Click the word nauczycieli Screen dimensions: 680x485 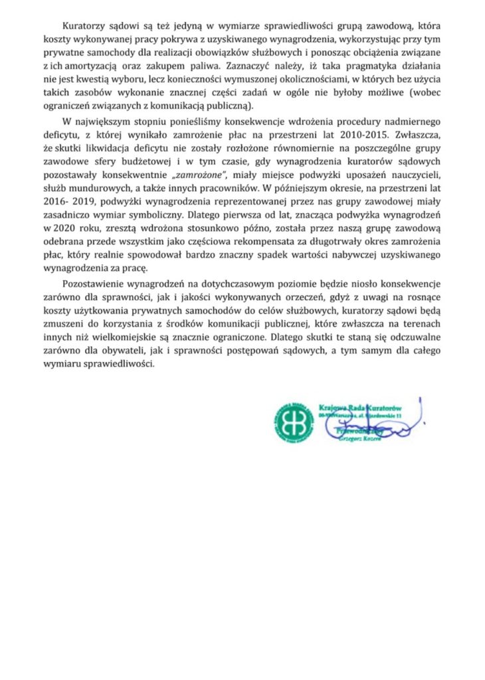[x=405, y=175]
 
